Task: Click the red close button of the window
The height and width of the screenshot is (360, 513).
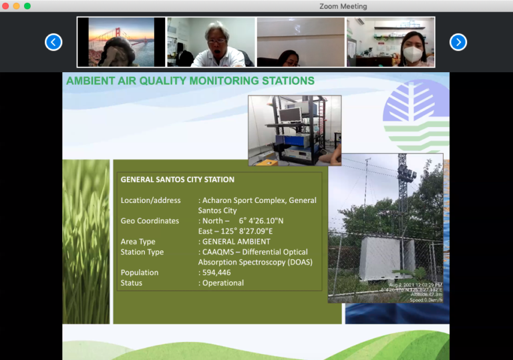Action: pyautogui.click(x=6, y=6)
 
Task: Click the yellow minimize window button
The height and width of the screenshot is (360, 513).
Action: pyautogui.click(x=17, y=6)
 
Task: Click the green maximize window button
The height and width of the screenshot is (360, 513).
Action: pyautogui.click(x=27, y=6)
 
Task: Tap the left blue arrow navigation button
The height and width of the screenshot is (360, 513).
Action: pyautogui.click(x=53, y=42)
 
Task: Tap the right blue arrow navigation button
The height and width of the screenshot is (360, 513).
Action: pyautogui.click(x=458, y=42)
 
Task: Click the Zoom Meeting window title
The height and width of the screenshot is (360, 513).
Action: pyautogui.click(x=343, y=6)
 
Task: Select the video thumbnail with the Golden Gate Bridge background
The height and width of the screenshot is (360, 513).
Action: pyautogui.click(x=121, y=42)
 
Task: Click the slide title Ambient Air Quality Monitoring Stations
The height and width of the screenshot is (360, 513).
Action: pyautogui.click(x=190, y=81)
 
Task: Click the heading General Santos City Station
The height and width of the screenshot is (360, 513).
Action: pyautogui.click(x=177, y=180)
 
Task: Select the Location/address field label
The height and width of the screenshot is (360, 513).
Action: pyautogui.click(x=150, y=200)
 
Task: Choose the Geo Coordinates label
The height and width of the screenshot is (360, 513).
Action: pyautogui.click(x=150, y=221)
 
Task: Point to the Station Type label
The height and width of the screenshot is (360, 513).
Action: pyautogui.click(x=142, y=252)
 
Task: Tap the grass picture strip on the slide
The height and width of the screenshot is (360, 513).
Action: pyautogui.click(x=86, y=241)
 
